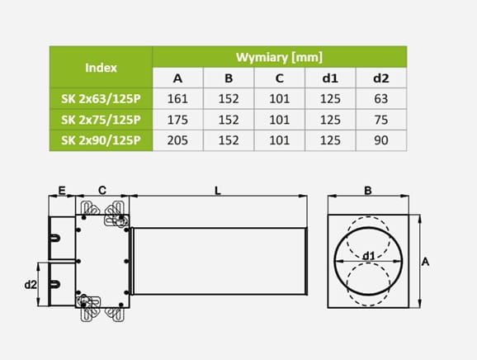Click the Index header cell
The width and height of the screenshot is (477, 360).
click(101, 68)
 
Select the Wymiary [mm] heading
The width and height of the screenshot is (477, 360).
click(279, 57)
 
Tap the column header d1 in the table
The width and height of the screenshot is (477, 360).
click(330, 78)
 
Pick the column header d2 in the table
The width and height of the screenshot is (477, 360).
click(381, 78)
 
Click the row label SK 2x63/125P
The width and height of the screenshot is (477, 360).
click(101, 99)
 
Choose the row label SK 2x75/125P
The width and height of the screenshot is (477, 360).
click(101, 120)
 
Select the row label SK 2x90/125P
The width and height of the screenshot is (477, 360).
click(101, 140)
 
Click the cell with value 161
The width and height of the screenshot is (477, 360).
click(177, 99)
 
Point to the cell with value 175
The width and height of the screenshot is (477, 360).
click(177, 120)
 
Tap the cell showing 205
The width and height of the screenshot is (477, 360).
click(177, 140)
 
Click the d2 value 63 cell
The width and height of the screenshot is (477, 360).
click(381, 99)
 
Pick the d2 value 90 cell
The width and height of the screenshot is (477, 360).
click(381, 140)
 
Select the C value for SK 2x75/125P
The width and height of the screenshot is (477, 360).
click(279, 120)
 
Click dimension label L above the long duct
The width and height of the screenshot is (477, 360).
click(218, 191)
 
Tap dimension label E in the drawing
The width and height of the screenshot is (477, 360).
click(62, 191)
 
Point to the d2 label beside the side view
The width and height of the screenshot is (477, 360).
click(31, 285)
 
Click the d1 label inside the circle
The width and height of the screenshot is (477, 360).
click(369, 256)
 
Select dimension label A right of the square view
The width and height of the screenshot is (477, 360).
click(425, 262)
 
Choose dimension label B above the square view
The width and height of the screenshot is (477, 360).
click(368, 191)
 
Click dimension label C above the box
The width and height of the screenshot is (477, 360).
click(102, 191)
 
